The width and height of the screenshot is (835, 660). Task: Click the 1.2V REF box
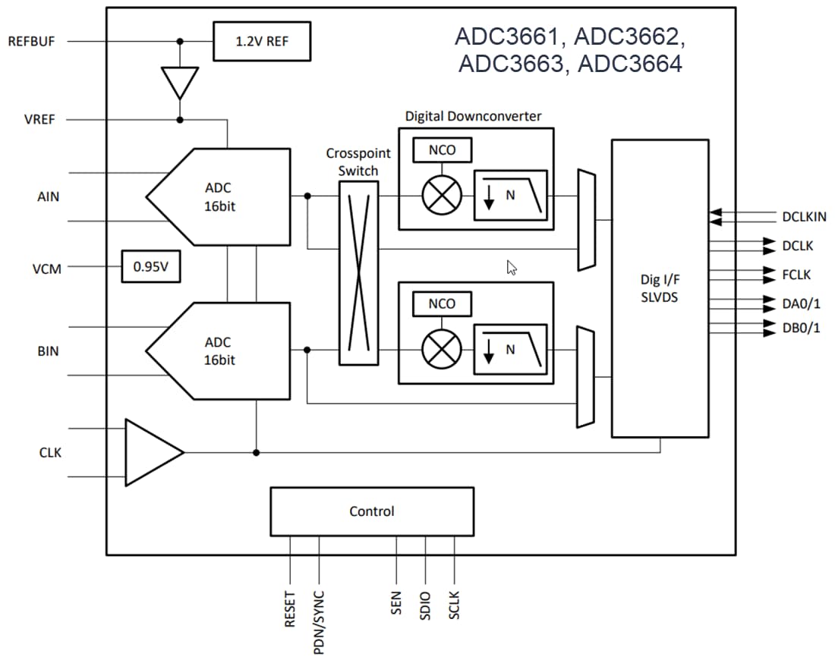point(261,41)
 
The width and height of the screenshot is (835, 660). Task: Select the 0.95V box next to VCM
point(151,267)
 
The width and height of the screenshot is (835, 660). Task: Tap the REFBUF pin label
point(31,41)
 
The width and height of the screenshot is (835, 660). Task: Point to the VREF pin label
point(39,120)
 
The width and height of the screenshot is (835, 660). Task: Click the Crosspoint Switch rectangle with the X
point(358,272)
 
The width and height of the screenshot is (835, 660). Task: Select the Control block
point(372,511)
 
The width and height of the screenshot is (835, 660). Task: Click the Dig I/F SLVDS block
point(660,288)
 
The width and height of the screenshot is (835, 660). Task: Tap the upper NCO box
point(442,150)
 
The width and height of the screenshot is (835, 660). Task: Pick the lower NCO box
point(442,304)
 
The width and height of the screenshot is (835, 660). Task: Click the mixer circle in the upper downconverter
point(441,196)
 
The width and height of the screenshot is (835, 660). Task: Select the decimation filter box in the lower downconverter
point(510,350)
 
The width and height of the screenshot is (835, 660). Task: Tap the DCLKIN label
point(803,217)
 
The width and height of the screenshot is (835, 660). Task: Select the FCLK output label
point(796,275)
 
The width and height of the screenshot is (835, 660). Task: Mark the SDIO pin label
point(425,606)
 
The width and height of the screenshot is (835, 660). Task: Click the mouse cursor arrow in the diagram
point(512,267)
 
